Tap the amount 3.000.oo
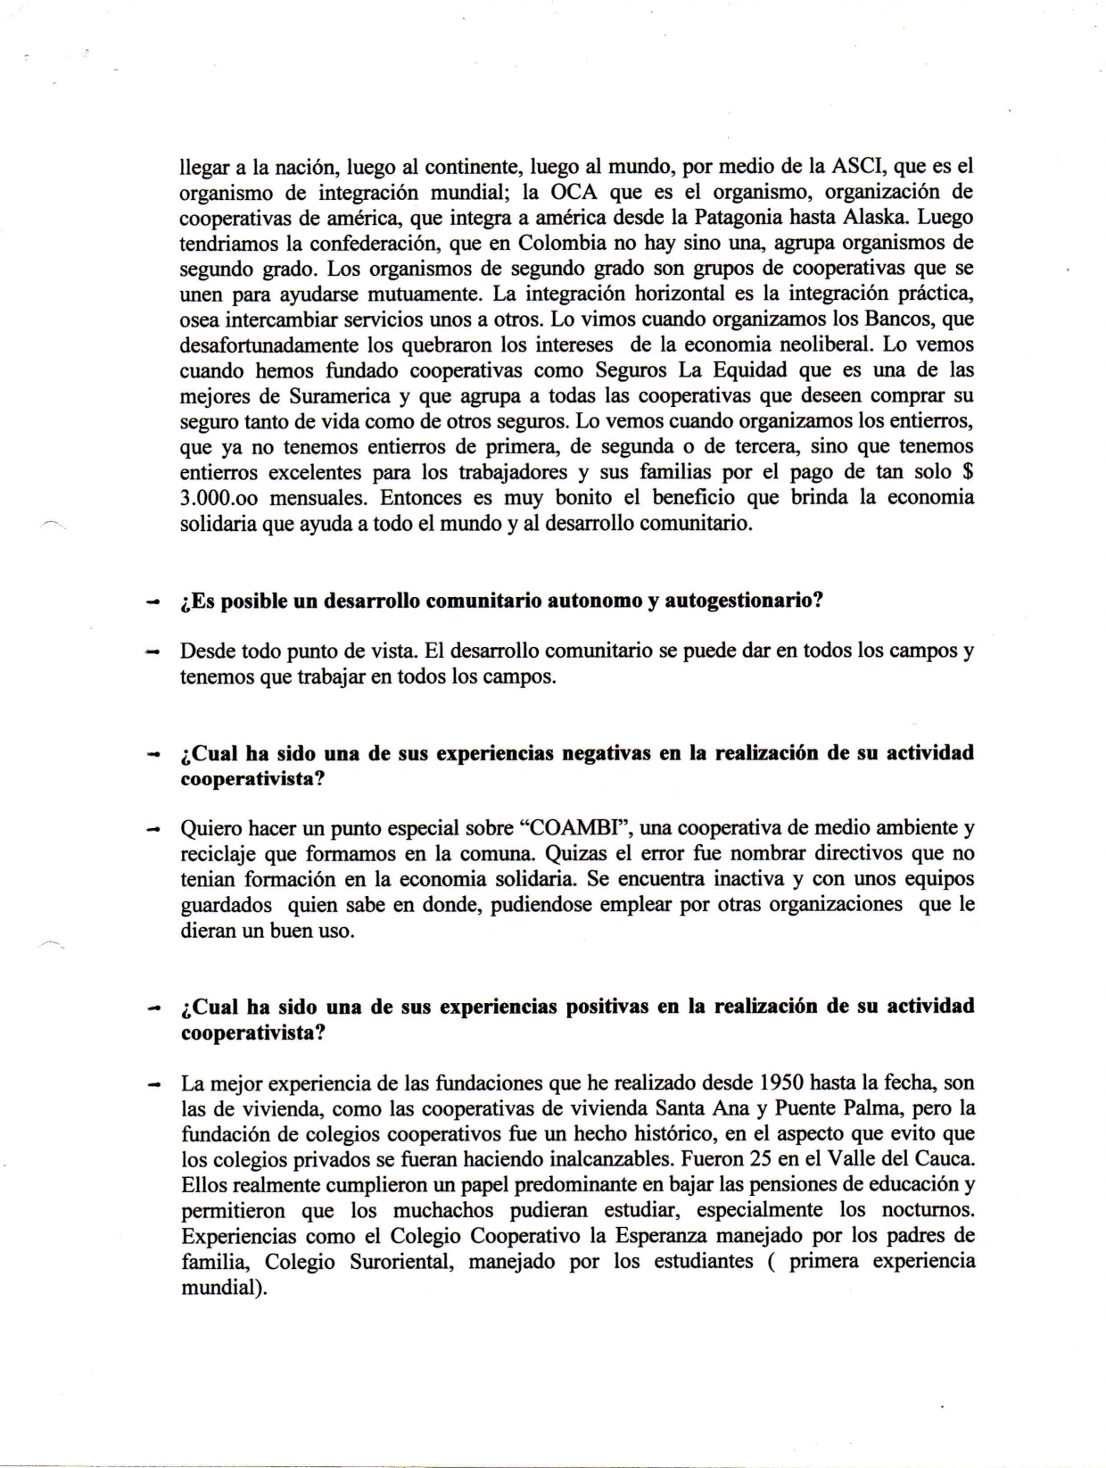pos(219,497)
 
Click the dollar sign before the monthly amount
pos(967,471)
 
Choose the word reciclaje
pos(218,853)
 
